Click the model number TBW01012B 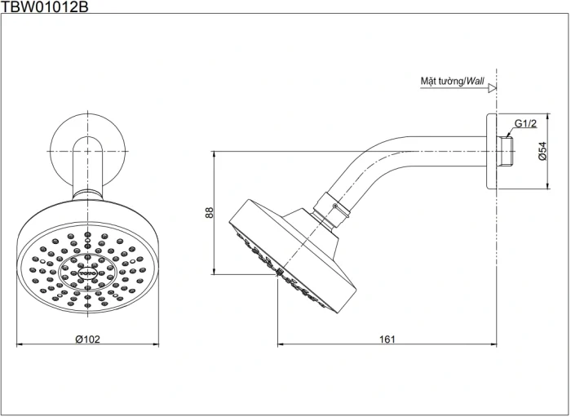(x=45, y=7)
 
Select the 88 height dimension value (x=209, y=212)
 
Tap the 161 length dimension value (x=387, y=339)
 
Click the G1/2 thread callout (x=525, y=125)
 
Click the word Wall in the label (x=475, y=82)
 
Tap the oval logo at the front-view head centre (x=87, y=264)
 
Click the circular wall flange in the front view (x=87, y=151)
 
